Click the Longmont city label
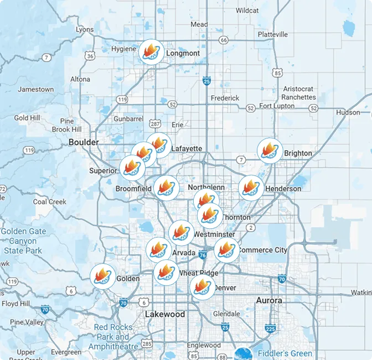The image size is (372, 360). [x=183, y=53]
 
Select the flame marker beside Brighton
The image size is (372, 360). [x=270, y=150]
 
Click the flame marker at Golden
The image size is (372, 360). [x=103, y=275]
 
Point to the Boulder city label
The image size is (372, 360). [x=84, y=142]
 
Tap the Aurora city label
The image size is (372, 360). [x=269, y=300]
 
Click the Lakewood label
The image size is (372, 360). [x=165, y=314]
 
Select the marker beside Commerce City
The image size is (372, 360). [x=226, y=249]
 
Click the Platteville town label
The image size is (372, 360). [x=273, y=34]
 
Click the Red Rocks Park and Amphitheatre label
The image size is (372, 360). [x=113, y=336]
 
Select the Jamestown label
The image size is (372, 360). [x=36, y=89]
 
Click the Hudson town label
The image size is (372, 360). [x=348, y=112]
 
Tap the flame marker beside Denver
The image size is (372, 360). [x=201, y=287]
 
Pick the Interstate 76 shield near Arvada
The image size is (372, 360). [x=202, y=255]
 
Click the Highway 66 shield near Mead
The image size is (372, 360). [x=223, y=40]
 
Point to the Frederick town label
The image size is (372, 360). [x=225, y=98]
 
